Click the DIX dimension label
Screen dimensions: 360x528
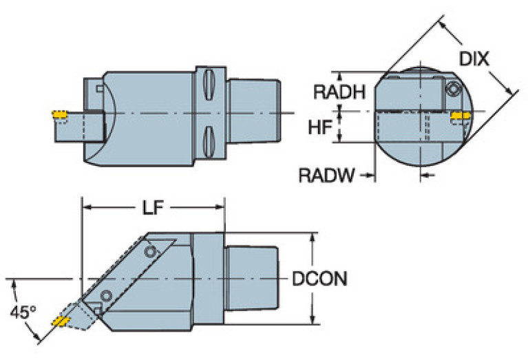(474, 59)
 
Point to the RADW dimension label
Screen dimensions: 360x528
(326, 176)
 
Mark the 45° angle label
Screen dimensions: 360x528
(23, 312)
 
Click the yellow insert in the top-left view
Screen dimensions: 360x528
(59, 114)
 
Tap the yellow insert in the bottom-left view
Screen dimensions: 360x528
(61, 321)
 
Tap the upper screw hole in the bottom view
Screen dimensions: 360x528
(151, 251)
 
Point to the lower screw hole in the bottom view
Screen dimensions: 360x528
(105, 296)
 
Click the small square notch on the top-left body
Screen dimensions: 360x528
(100, 88)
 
